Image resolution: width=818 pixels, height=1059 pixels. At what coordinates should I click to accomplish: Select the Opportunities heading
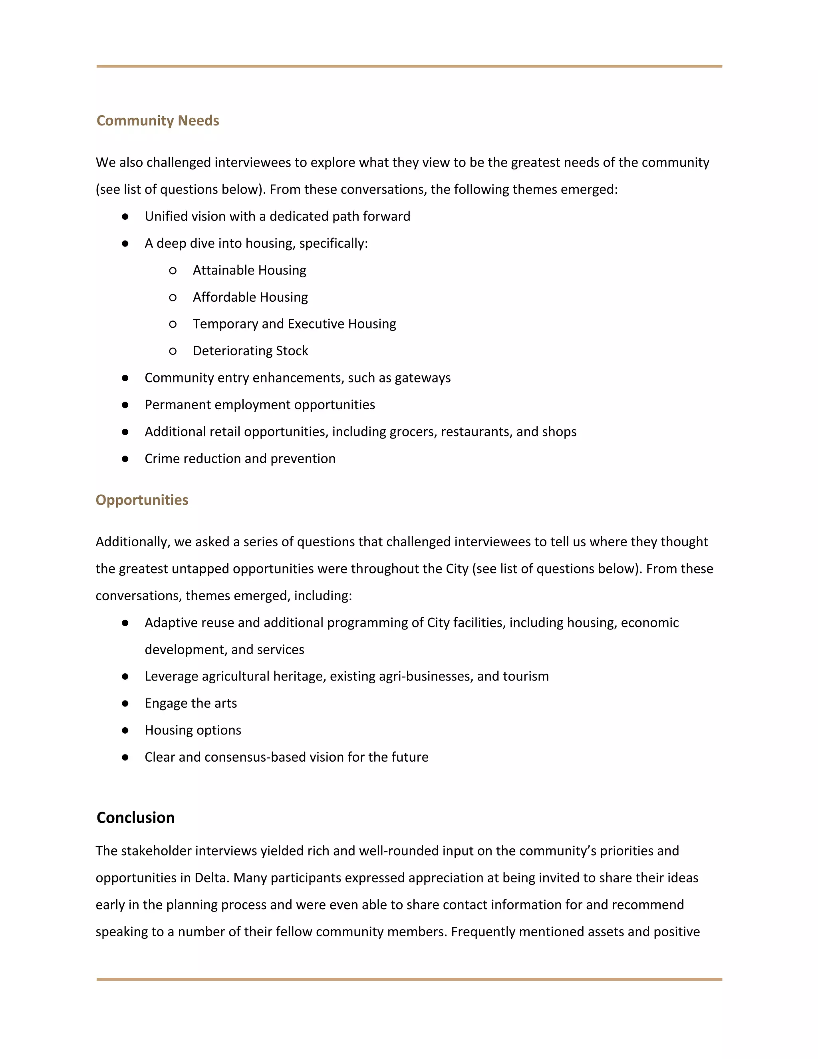click(141, 500)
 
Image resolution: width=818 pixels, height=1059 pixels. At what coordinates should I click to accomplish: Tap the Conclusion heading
click(135, 818)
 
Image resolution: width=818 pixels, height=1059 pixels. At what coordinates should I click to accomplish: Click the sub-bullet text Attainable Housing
click(249, 270)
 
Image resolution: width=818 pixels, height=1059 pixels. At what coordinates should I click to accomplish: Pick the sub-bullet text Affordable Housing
click(250, 297)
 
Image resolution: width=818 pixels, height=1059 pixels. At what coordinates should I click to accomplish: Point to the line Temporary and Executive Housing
click(294, 324)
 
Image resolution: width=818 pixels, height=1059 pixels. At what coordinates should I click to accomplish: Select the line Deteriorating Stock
click(250, 350)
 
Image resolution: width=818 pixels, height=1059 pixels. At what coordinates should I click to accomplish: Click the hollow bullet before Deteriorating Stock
click(173, 351)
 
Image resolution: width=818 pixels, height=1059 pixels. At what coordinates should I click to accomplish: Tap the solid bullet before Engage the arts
click(125, 704)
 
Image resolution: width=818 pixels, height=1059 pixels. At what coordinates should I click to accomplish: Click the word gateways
click(422, 378)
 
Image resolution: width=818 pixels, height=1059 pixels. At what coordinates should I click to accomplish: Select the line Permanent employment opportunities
click(260, 404)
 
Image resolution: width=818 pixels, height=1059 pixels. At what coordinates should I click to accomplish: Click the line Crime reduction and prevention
click(240, 459)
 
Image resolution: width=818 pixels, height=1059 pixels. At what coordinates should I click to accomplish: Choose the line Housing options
click(193, 730)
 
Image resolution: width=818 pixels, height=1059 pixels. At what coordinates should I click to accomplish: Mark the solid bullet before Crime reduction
click(125, 459)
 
